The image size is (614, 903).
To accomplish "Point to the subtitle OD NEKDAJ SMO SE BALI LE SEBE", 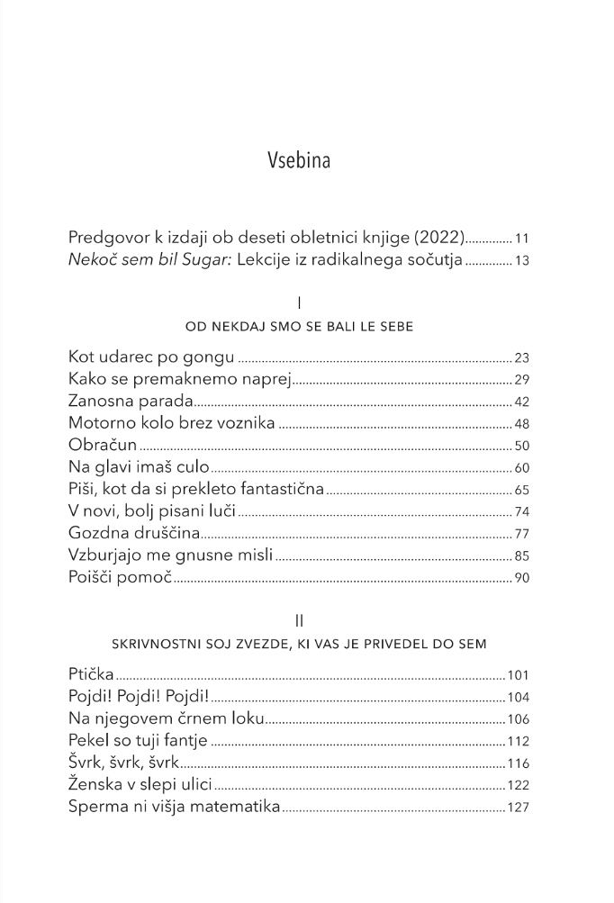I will [299, 327].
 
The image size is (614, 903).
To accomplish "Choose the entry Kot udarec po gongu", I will [151, 357].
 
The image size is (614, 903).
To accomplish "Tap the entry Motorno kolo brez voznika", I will [171, 423].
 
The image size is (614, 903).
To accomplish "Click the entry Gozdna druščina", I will [132, 533].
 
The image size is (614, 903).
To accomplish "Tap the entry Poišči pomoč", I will [120, 577].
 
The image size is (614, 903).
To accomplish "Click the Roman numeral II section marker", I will [299, 621].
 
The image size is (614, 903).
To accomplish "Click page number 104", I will [518, 698].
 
